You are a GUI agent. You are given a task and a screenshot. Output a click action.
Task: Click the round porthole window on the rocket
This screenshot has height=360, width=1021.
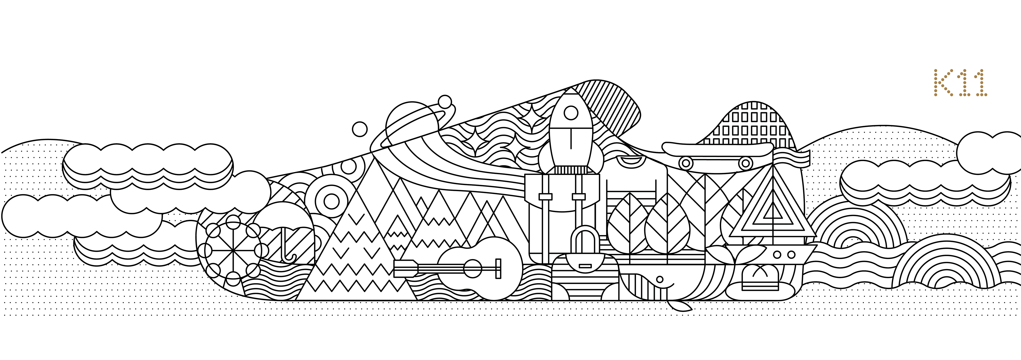tap(571, 113)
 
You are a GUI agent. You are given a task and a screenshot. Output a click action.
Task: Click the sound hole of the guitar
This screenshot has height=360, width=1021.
tap(473, 269)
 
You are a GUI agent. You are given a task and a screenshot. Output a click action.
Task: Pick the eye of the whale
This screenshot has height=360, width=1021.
tap(660, 279)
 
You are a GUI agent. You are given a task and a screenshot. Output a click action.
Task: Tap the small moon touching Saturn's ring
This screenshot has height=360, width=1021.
tap(445, 102)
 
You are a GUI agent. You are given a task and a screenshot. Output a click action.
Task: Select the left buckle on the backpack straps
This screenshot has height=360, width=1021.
tap(545, 197)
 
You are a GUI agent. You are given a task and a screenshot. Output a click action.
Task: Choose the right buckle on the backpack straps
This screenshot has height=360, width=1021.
tap(579, 197)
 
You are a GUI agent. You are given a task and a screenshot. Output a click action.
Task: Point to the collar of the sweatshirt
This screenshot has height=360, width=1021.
tap(630, 160)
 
